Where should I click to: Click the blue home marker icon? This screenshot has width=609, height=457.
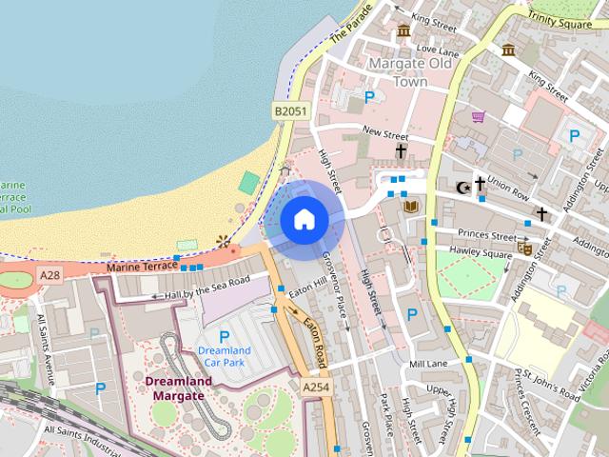[304, 220]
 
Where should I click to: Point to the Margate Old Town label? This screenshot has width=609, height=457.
[410, 72]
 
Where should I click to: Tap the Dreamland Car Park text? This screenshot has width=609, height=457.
[225, 357]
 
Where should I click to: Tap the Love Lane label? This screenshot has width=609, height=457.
[438, 50]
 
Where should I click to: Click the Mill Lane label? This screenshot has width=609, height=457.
[427, 365]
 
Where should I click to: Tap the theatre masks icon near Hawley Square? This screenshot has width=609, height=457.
[522, 248]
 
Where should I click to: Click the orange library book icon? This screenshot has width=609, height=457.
[411, 206]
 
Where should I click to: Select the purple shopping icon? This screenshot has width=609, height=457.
[478, 117]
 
